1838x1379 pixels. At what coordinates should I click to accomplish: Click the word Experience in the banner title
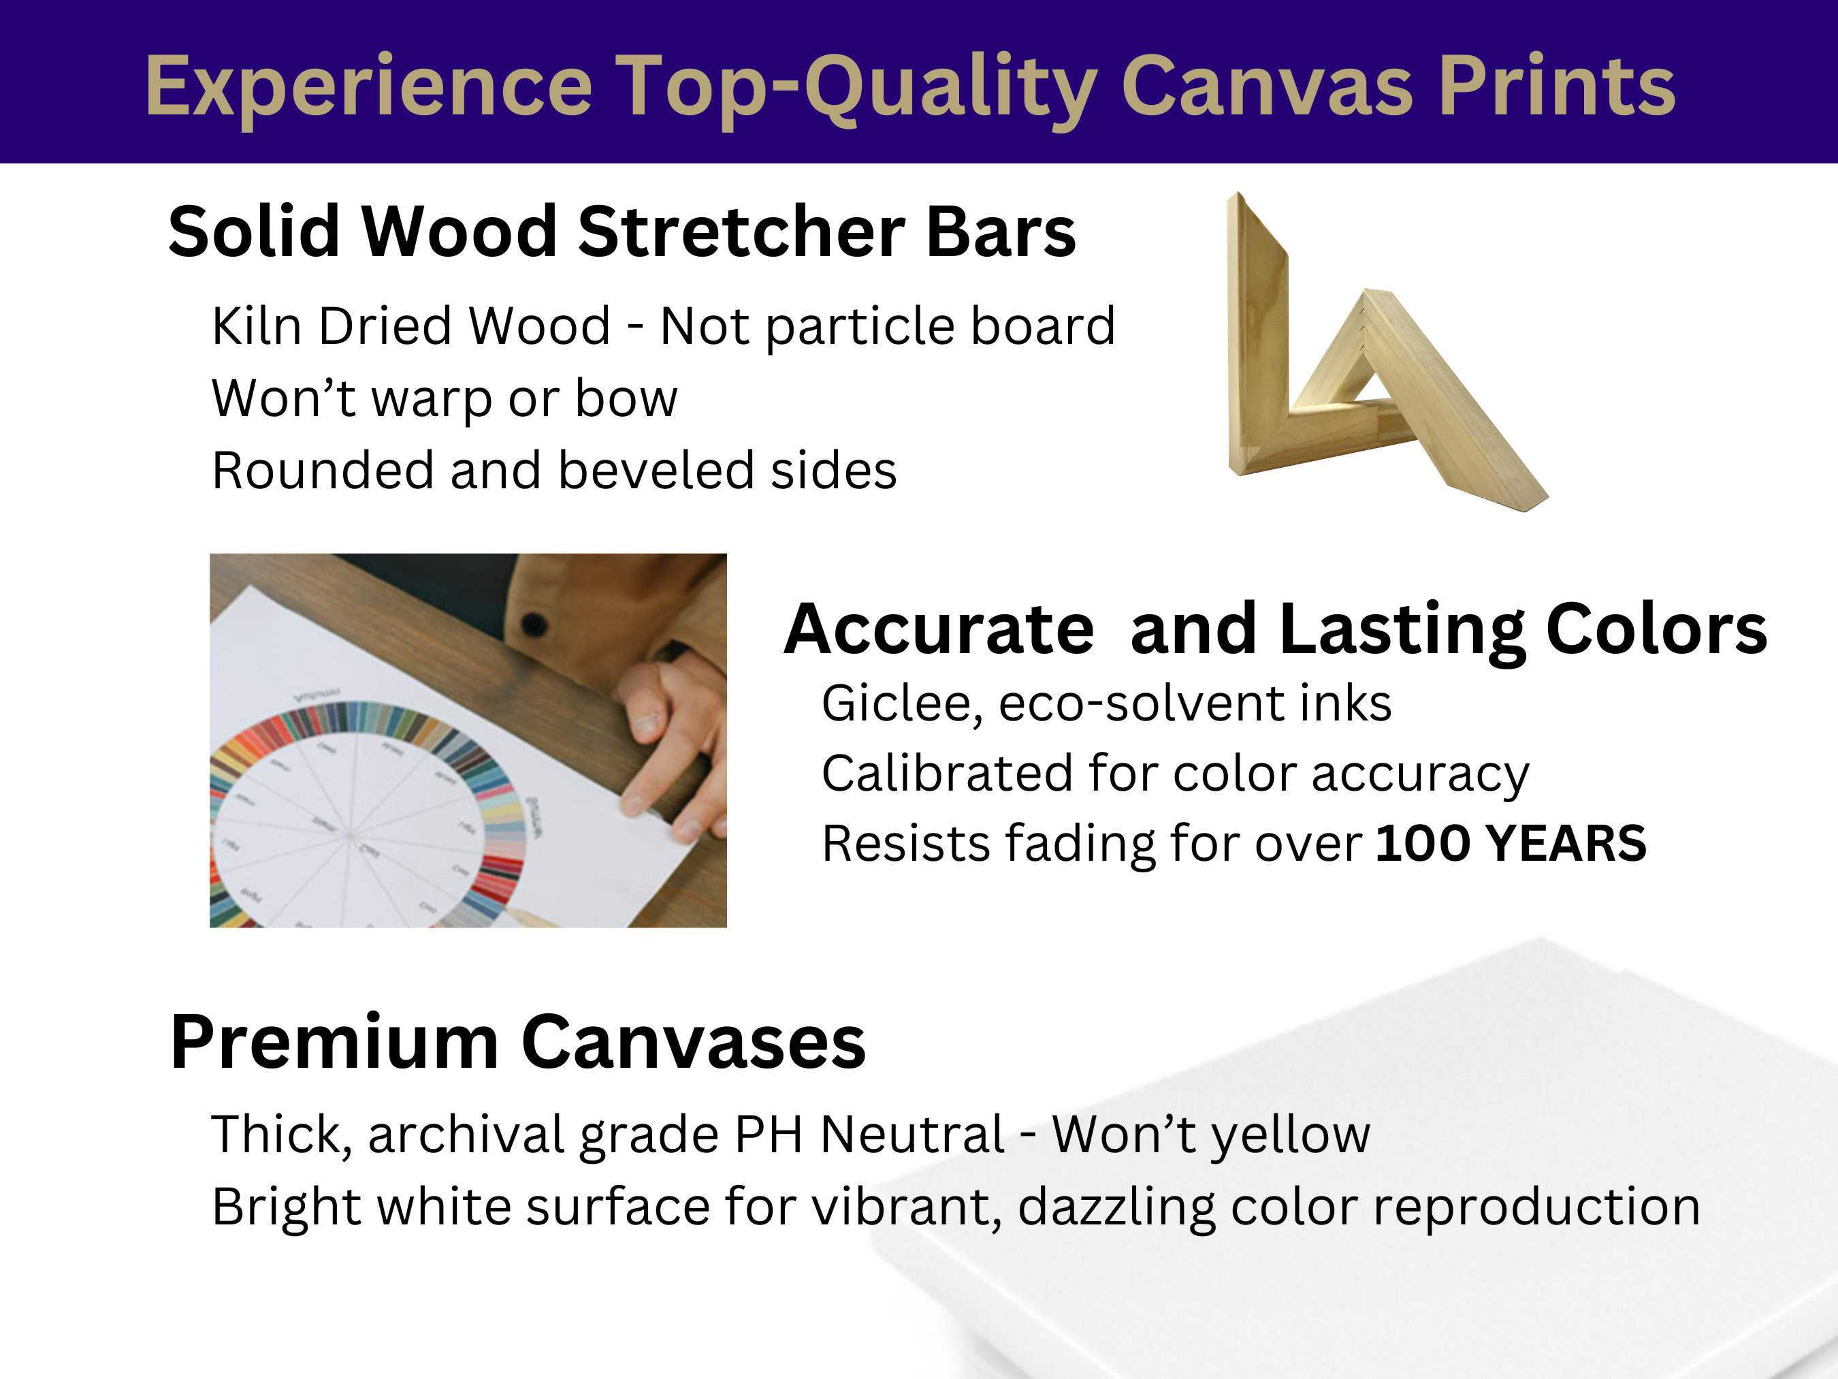click(x=368, y=86)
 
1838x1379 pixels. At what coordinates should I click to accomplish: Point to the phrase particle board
click(x=940, y=328)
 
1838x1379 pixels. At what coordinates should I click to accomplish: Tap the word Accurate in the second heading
click(x=939, y=629)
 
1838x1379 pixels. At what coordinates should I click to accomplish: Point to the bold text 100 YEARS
click(x=1511, y=844)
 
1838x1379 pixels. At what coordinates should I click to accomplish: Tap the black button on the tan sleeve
click(x=534, y=623)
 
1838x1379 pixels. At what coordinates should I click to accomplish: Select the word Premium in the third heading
click(x=334, y=1043)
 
